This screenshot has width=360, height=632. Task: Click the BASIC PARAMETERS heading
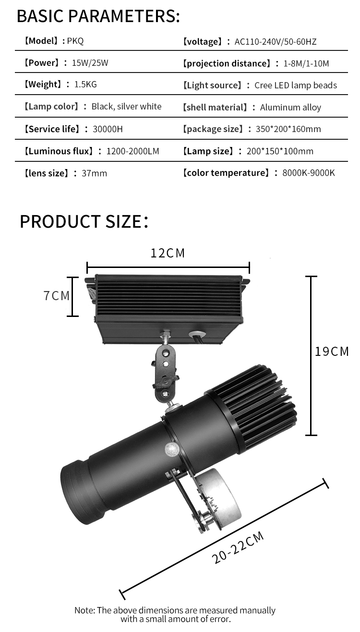(x=98, y=16)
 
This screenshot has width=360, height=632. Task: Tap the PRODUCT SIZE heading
(x=84, y=221)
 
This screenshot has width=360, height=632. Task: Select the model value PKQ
(x=75, y=41)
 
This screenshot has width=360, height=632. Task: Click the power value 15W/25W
(x=90, y=62)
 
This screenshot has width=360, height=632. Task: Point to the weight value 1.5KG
(x=85, y=85)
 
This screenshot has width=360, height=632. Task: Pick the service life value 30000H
(x=108, y=129)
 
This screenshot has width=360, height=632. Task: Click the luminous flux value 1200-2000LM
(x=132, y=151)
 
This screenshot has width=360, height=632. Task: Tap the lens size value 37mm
(x=95, y=173)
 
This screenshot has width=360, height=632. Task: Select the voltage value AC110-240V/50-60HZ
(x=276, y=42)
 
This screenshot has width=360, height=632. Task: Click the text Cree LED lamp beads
(x=296, y=85)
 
